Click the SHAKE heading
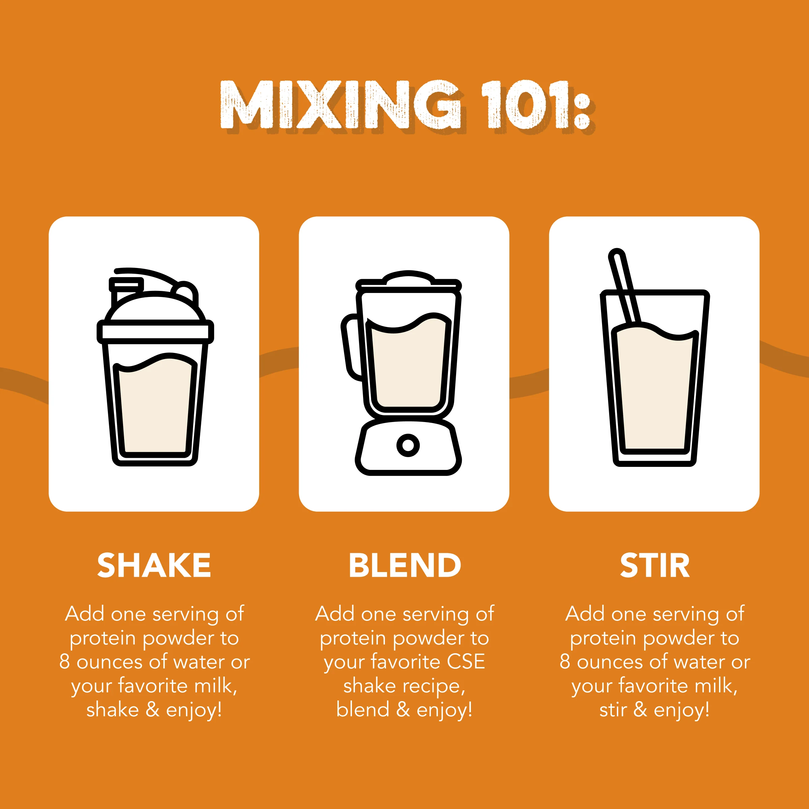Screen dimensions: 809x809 (154, 565)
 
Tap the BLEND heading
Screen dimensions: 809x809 (404, 565)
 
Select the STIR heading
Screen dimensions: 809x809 (655, 565)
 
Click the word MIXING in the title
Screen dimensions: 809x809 (340, 105)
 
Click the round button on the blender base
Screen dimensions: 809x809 (408, 445)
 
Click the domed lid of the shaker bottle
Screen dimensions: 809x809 (155, 308)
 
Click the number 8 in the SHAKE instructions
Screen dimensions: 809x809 (64, 662)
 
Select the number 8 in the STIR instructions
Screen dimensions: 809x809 (565, 662)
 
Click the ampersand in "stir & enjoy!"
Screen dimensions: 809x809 (640, 710)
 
